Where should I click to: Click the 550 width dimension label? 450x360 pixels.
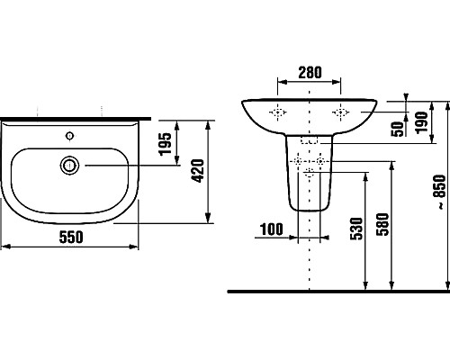point(71,237)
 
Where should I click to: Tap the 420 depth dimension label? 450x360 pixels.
point(198,171)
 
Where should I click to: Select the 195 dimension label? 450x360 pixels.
point(166,144)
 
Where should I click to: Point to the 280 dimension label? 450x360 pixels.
point(310,72)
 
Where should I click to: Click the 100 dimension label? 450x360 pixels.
point(272,229)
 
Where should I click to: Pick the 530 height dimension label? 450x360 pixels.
point(356,229)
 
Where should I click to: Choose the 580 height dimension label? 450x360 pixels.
point(382,224)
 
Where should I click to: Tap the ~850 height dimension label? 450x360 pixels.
point(441,192)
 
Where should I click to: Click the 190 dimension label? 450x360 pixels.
point(421,122)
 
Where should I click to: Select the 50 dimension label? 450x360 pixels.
point(398,129)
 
